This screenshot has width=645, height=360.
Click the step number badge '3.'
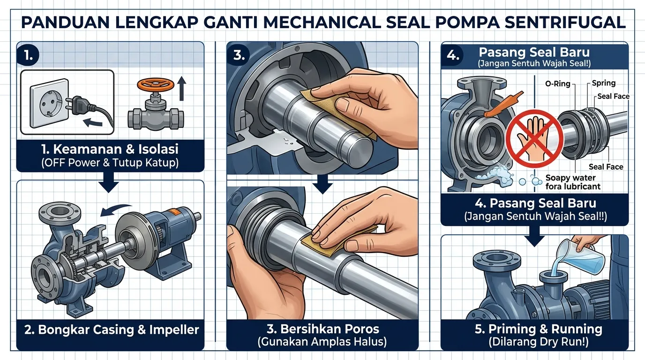(239, 55)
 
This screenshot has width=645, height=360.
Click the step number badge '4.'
(453, 55)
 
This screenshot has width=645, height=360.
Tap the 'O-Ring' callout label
(557, 84)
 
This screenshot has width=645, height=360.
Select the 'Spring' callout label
(603, 83)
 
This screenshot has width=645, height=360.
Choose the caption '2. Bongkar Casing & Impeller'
(111, 329)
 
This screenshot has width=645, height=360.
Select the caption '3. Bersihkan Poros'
(322, 329)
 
